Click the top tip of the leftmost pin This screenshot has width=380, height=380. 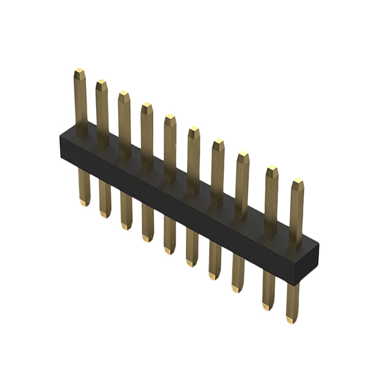[80, 71]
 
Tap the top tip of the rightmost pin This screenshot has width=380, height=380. [297, 181]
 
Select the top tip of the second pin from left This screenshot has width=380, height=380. [102, 82]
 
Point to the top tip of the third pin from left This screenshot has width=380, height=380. [123, 93]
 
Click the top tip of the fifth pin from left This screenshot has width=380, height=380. [170, 117]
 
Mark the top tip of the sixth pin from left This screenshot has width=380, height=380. [194, 129]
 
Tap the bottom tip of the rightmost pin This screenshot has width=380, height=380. [290, 320]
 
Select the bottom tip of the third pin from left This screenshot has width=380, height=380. [125, 226]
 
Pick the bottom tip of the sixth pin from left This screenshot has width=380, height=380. [192, 263]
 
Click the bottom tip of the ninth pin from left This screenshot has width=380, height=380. [268, 306]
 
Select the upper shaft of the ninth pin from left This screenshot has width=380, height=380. [271, 196]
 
